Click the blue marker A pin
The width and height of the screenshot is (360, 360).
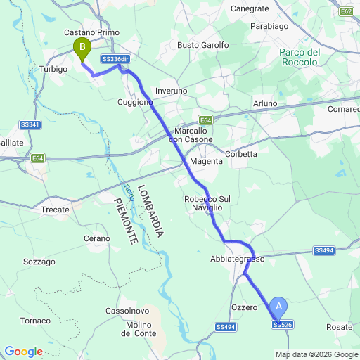279,307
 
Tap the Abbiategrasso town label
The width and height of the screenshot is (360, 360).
237,259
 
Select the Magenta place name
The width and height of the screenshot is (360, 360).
207,161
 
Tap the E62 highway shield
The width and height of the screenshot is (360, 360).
345,12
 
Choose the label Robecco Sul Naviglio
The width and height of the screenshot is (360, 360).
207,204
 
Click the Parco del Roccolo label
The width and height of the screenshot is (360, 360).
300,57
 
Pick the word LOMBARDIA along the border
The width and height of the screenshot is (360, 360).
151,210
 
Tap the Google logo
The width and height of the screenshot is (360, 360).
23,352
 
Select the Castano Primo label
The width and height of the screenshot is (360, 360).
91,32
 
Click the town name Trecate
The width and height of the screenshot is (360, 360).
56,210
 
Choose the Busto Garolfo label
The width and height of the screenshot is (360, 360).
203,45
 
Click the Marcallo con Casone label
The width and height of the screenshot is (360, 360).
193,136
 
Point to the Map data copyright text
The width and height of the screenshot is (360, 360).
316,354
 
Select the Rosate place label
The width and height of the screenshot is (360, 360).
340,328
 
